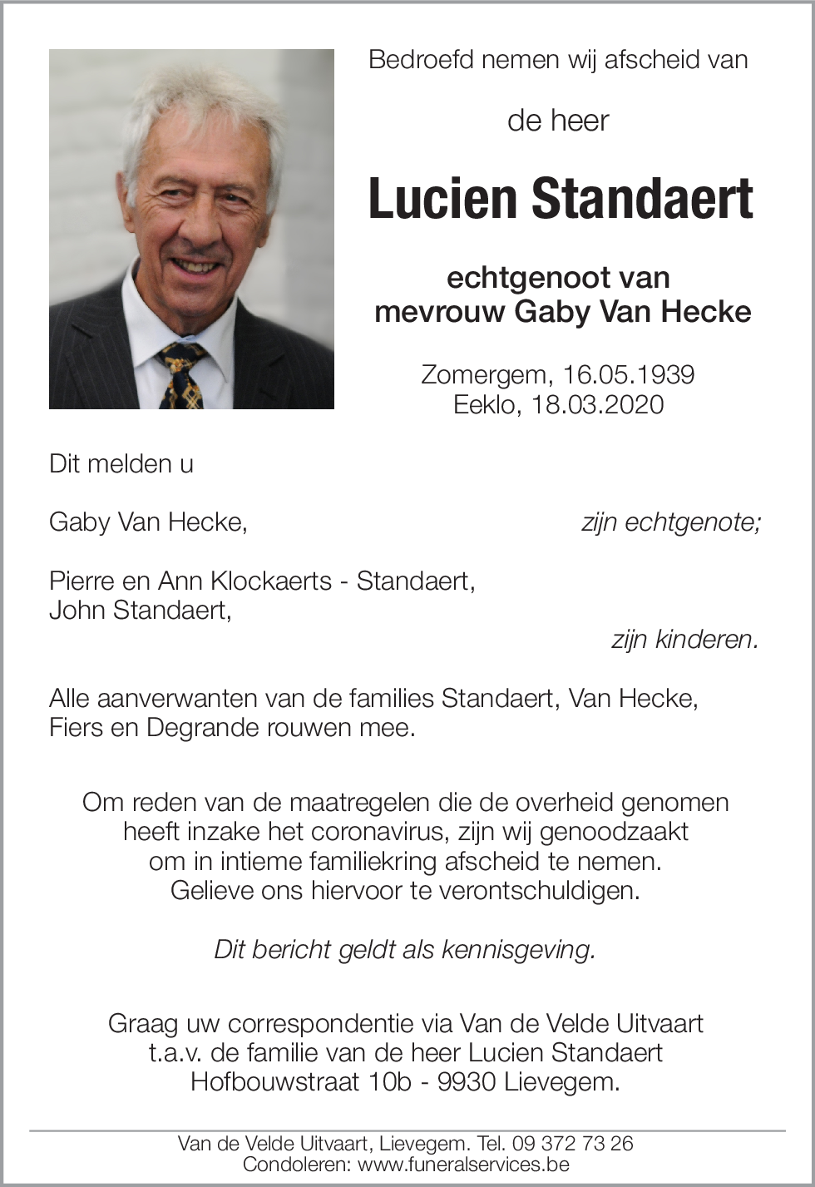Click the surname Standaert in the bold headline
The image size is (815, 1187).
642,200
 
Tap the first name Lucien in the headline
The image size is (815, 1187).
443,200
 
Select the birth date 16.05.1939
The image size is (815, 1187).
628,374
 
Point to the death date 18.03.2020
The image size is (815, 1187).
597,404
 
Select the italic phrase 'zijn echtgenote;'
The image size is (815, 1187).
670,522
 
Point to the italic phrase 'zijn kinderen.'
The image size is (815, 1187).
685,639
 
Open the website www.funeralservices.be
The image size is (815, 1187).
463,1165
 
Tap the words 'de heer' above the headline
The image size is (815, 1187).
558,121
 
